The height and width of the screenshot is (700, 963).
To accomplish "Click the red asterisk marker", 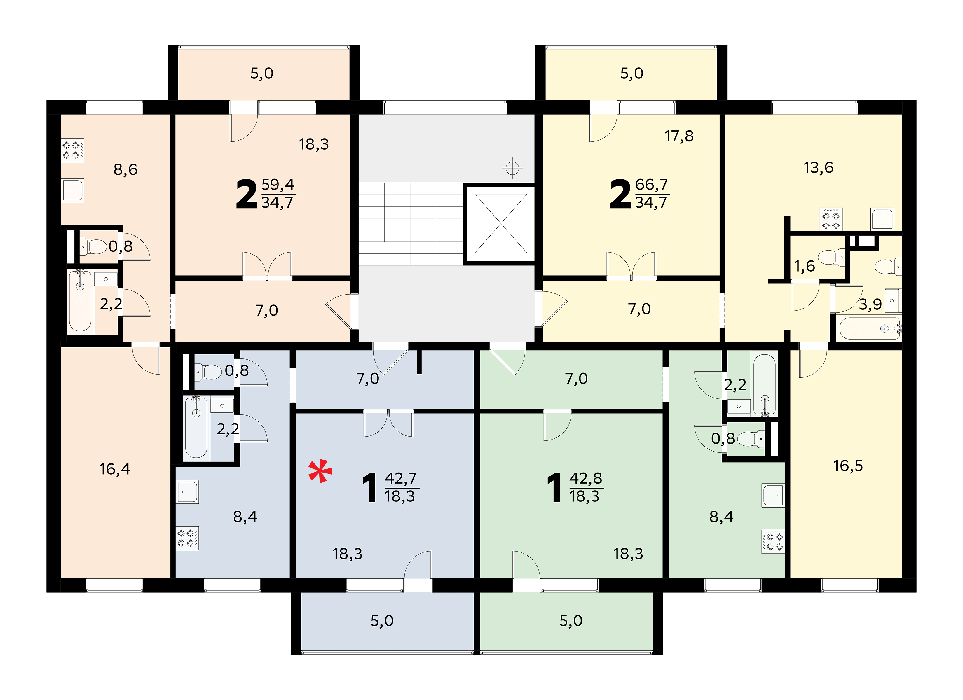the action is pos(320,471).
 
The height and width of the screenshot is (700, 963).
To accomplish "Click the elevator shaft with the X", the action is pos(500,224).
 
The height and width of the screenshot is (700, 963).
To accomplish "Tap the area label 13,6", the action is pos(818,168).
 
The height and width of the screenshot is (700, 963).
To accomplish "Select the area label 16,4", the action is pos(115,469).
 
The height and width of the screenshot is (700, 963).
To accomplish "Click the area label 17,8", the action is pos(679,136).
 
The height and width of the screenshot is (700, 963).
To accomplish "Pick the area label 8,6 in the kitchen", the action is pos(125,170).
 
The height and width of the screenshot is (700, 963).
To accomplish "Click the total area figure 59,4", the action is pos(278,185).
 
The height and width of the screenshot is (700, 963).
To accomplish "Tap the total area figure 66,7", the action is pos(652,185).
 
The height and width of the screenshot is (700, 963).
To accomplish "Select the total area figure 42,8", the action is pos(585,478).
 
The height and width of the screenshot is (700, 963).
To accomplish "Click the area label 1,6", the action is pos(805,266).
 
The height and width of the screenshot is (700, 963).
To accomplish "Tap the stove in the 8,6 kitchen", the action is pos(73,150).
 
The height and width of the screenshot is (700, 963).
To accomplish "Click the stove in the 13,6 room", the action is pos(831,219).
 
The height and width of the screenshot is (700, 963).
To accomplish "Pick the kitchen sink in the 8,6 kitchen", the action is pos(73,190).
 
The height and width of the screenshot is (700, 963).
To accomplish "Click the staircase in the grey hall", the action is pos(411,224).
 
